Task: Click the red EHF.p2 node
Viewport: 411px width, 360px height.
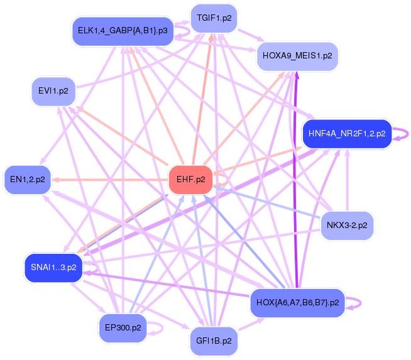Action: point(190,180)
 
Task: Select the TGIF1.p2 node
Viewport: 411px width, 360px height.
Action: point(214,18)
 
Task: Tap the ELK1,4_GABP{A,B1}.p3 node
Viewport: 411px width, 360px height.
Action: point(123,31)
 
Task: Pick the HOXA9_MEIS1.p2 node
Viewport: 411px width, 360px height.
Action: point(297,56)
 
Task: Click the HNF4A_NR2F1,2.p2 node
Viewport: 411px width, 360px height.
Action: point(347,134)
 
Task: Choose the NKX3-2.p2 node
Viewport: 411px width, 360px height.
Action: point(347,225)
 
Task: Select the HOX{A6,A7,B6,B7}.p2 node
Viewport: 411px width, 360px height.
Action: point(297,303)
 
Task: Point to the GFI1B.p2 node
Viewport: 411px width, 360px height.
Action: point(214,341)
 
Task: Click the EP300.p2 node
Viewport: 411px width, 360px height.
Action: point(123,327)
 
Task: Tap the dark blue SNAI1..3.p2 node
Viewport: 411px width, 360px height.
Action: point(53,267)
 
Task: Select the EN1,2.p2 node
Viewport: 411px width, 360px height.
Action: point(28,180)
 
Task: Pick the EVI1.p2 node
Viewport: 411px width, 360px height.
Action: point(53,91)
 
